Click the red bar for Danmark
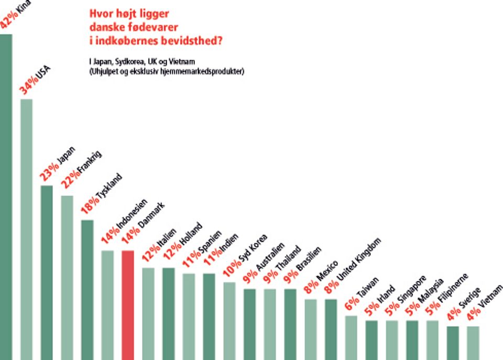128,304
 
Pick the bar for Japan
47,272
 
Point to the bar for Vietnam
473,343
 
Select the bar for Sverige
453,343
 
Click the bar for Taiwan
351,337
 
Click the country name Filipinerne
454,290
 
